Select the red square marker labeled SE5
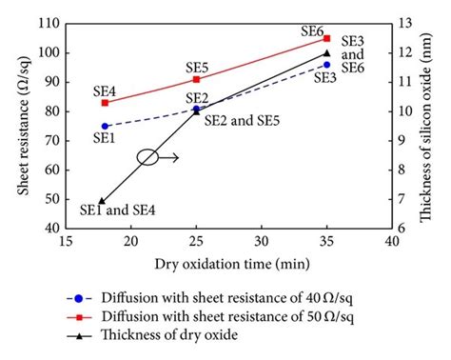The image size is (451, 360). (x=197, y=79)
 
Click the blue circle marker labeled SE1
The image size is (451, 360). (x=105, y=126)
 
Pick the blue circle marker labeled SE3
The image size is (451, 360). (x=326, y=65)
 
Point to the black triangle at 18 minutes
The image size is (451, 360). (x=102, y=201)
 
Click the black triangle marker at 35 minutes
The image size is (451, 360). (x=326, y=53)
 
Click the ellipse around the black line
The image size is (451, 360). (x=147, y=157)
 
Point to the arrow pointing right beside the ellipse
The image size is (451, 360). (x=169, y=158)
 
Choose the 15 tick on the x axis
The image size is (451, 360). (x=66, y=243)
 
